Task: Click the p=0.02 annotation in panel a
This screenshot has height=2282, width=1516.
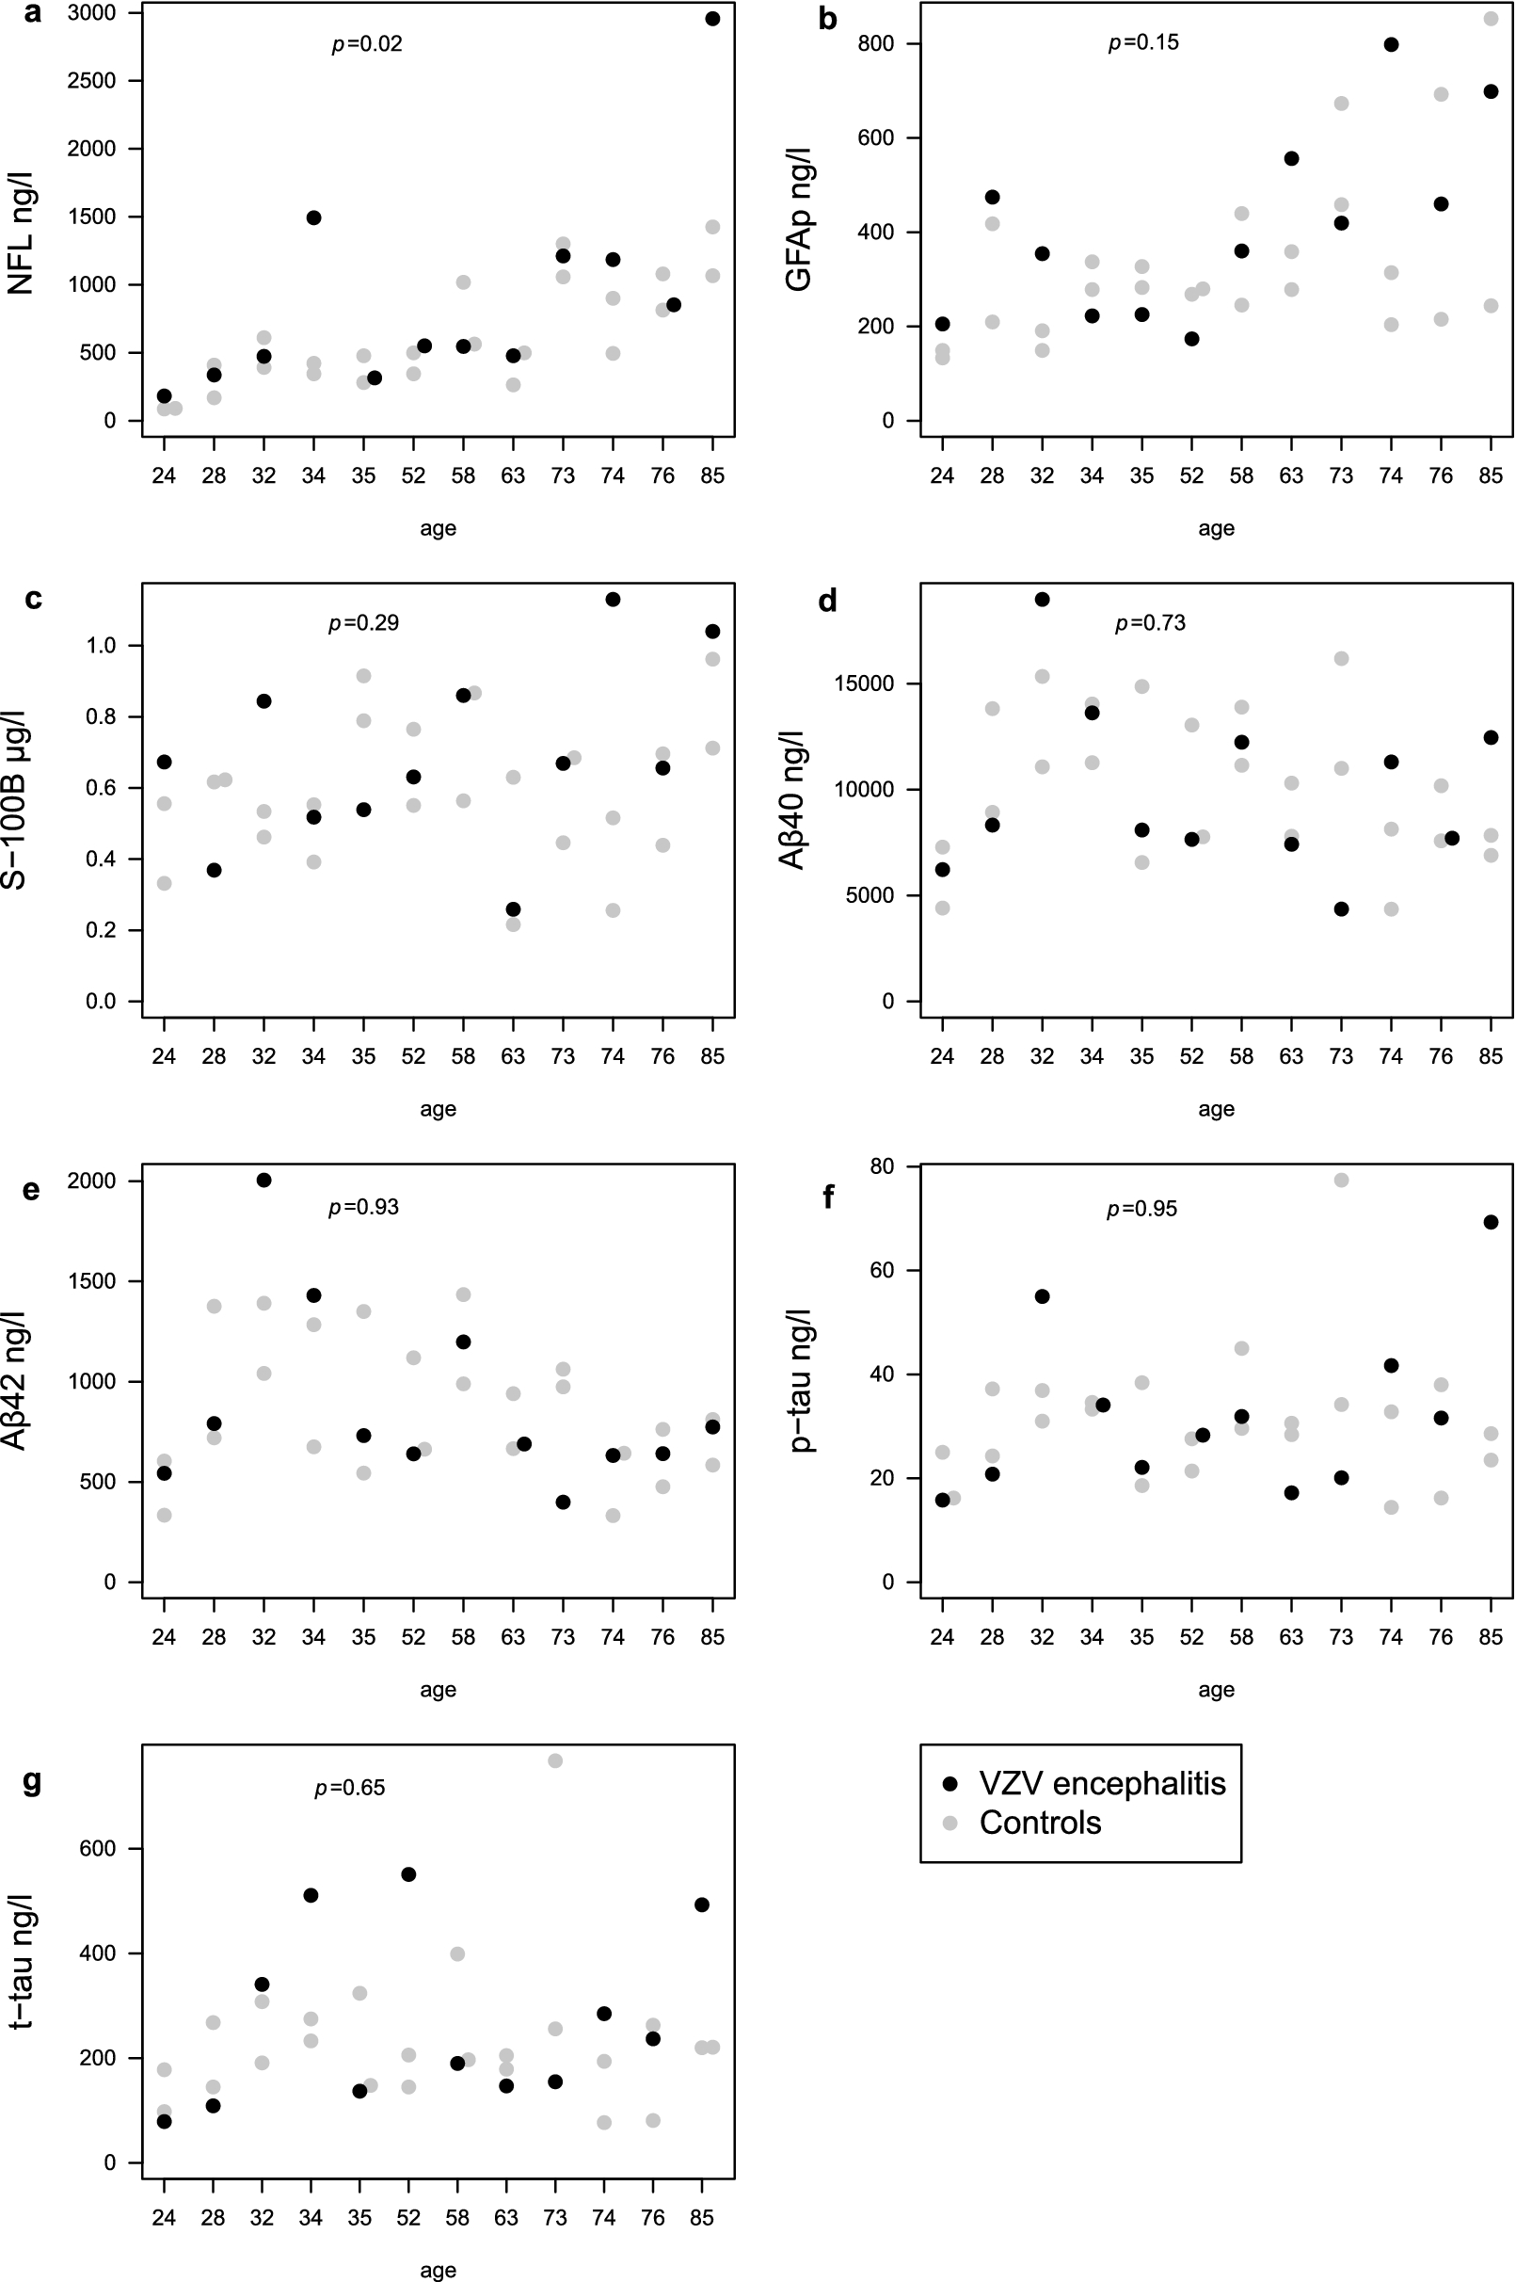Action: tap(367, 44)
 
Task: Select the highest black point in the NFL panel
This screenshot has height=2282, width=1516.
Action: tap(712, 19)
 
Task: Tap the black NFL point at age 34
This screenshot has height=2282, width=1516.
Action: tap(313, 217)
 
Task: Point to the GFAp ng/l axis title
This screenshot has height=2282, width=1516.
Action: tap(799, 218)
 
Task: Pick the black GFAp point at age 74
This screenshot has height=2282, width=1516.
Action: tap(1391, 44)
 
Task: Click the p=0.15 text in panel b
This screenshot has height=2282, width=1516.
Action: tap(1143, 43)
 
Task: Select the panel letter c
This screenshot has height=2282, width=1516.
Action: tap(33, 599)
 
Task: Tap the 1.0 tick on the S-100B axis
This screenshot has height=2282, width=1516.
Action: tap(101, 646)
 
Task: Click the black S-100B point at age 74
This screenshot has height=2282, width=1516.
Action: tap(612, 600)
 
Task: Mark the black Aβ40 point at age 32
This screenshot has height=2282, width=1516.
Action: tap(1043, 600)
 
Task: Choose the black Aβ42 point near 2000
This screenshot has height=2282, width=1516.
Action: tap(263, 1180)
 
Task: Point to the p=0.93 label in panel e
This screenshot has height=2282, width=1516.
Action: tap(363, 1207)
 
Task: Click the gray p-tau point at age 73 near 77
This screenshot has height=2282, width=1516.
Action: tap(1341, 1180)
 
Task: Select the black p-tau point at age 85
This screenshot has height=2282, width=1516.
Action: tap(1491, 1222)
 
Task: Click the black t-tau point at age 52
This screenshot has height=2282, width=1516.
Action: tap(408, 1874)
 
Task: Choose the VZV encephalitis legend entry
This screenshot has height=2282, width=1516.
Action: tap(1102, 1783)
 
